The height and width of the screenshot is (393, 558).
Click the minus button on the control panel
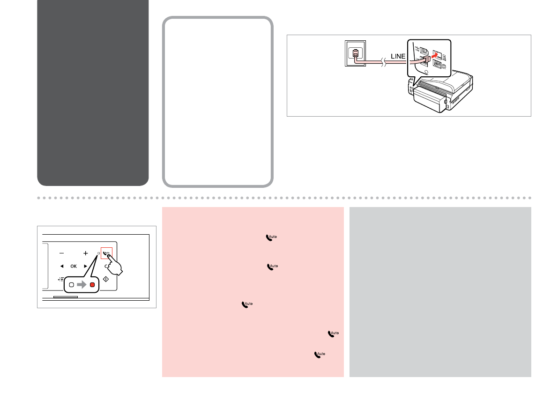pyautogui.click(x=61, y=253)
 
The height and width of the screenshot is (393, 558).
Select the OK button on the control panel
pyautogui.click(x=74, y=266)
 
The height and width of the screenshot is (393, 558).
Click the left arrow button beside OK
pyautogui.click(x=61, y=266)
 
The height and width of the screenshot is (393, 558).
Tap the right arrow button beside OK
pyautogui.click(x=86, y=266)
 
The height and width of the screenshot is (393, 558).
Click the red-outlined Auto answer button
pyautogui.click(x=106, y=253)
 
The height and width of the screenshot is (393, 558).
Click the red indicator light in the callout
pyautogui.click(x=92, y=285)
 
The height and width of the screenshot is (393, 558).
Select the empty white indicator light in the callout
pyautogui.click(x=72, y=285)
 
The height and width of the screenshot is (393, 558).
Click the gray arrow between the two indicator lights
pyautogui.click(x=82, y=285)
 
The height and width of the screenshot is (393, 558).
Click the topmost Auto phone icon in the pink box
pyautogui.click(x=272, y=237)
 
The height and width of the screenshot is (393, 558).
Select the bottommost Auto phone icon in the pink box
pyautogui.click(x=320, y=355)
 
